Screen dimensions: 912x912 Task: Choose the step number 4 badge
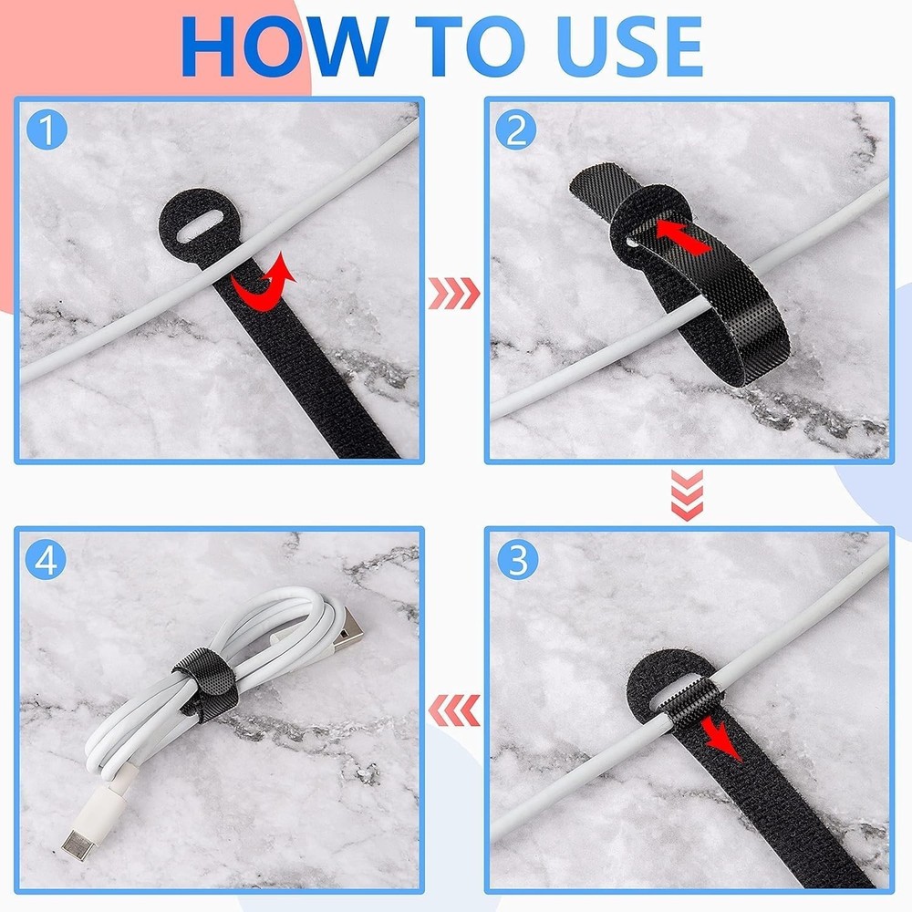(47, 559)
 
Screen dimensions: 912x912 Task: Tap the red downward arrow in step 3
(721, 736)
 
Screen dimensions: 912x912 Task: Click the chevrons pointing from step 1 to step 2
(452, 294)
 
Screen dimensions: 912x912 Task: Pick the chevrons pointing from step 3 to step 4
(453, 708)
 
